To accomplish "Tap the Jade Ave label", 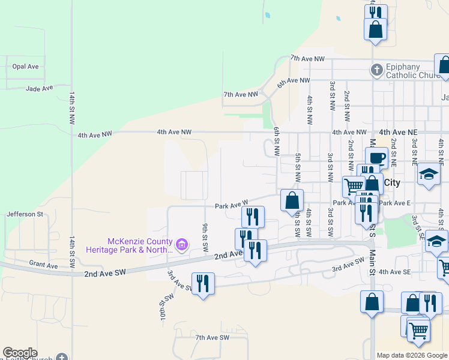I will coord(40,88).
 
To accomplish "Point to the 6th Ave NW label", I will coord(294,81).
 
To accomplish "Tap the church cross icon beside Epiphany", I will coord(376,70).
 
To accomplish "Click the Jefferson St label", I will coord(25,214).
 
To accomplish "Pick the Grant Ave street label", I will coord(44,264).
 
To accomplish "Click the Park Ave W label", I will coord(232,205).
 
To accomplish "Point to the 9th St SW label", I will coord(205,237).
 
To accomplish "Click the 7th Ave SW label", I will coord(212,338).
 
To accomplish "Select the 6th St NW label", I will coord(277,142).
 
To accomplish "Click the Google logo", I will coord(20,353).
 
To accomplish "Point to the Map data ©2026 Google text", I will coord(412,355).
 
